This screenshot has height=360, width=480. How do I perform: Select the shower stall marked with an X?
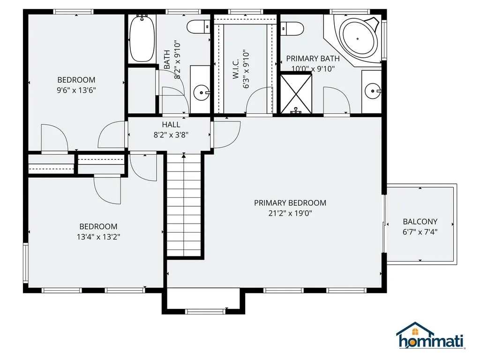296,93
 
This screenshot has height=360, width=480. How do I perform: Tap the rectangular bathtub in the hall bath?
142,38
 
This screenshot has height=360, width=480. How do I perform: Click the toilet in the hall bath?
198,27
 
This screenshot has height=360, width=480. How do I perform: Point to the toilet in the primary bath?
291,28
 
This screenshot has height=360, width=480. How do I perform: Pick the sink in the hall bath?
202,92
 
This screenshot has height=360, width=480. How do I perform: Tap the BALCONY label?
420,222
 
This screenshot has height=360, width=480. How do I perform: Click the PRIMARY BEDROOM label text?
290,203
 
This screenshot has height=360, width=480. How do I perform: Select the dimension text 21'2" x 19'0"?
290,213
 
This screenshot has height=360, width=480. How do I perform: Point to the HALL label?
171,125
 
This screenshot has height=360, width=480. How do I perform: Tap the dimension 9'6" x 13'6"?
76,90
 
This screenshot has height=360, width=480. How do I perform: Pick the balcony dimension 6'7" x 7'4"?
420,232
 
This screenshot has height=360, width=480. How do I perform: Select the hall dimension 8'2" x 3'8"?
171,135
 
